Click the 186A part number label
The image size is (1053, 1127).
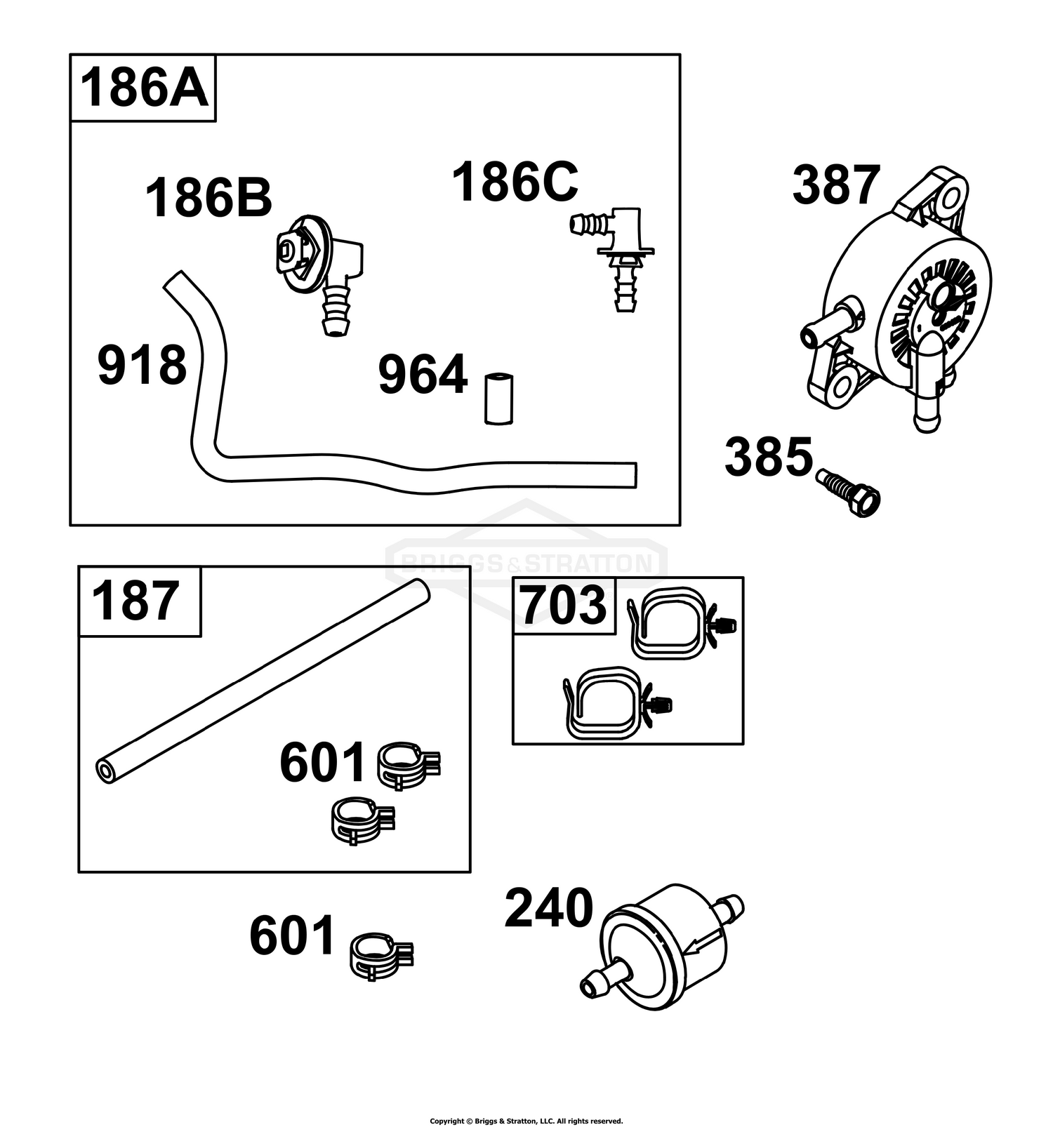[x=144, y=88]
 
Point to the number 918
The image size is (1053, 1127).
[x=143, y=365]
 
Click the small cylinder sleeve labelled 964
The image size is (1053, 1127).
[x=499, y=399]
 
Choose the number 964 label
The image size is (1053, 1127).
[x=423, y=375]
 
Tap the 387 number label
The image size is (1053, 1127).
[x=836, y=185]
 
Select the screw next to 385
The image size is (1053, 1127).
[x=849, y=493]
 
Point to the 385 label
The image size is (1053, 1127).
[x=769, y=457]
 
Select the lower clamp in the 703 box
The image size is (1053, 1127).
[x=618, y=703]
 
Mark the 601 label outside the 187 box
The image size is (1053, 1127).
[x=293, y=936]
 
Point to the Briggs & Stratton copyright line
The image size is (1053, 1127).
[x=526, y=1121]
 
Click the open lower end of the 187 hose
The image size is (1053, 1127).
[x=106, y=772]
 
